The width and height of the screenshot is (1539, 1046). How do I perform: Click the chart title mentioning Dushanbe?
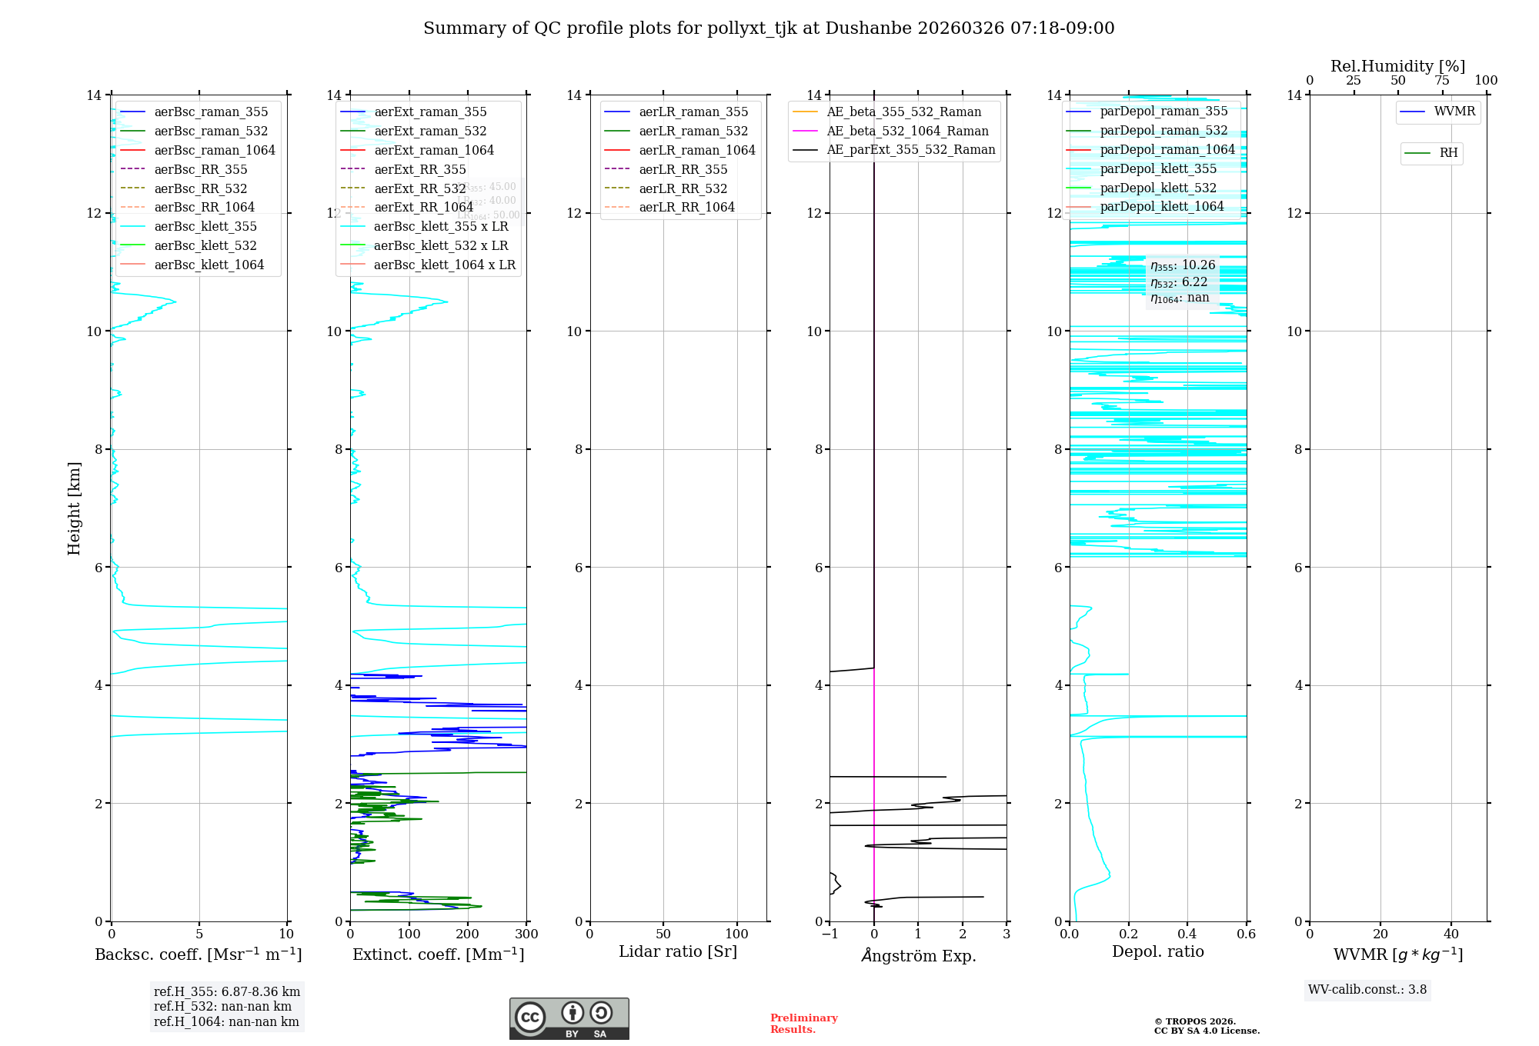(x=769, y=28)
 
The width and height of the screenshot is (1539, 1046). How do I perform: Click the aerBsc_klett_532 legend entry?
(x=205, y=245)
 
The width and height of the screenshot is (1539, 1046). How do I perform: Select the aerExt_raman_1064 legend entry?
(x=434, y=150)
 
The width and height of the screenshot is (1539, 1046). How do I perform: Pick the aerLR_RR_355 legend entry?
(x=683, y=169)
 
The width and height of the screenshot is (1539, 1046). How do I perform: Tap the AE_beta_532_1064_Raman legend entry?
(x=907, y=131)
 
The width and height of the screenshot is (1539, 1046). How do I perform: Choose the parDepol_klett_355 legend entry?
(x=1158, y=168)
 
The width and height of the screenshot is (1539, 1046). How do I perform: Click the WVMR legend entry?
(x=1454, y=112)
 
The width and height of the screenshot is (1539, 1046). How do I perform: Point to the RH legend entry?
(x=1448, y=153)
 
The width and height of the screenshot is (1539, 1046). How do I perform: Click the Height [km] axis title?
(x=74, y=508)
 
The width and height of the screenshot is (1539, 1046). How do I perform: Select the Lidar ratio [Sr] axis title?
(x=678, y=951)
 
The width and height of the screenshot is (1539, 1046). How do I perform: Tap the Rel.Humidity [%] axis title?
(x=1397, y=66)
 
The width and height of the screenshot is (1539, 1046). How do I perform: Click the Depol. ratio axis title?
(x=1157, y=951)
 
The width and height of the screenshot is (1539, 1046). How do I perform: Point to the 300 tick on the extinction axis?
(x=527, y=934)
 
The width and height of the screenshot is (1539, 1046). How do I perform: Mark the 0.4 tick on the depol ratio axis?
(x=1187, y=934)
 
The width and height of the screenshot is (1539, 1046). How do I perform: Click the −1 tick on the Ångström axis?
(x=830, y=934)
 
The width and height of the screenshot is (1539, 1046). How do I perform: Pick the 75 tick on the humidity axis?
(x=1442, y=81)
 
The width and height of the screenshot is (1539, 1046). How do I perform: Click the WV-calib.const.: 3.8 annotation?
(x=1367, y=990)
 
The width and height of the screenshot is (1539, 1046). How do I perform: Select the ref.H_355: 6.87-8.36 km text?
(x=227, y=992)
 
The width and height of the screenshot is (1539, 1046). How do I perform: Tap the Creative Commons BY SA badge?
(x=569, y=1018)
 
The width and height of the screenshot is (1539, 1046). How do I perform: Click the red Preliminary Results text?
(x=803, y=1024)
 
